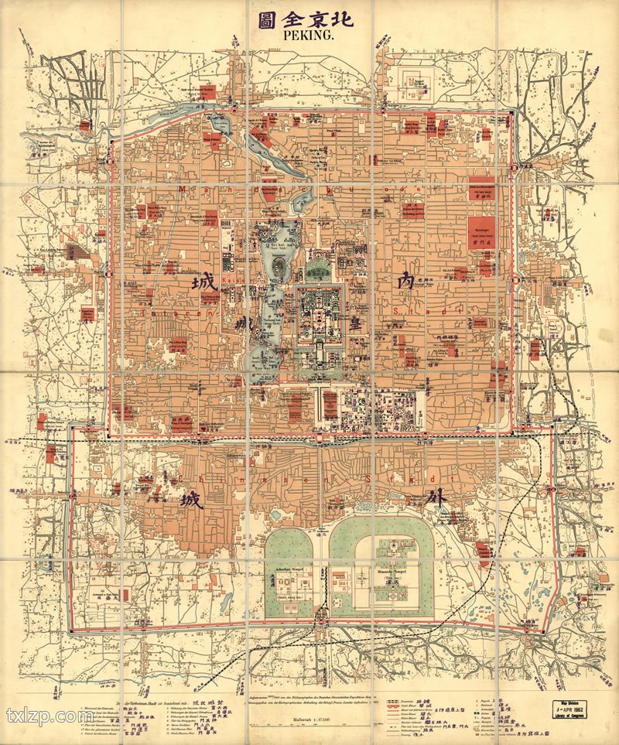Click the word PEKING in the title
[x=308, y=35]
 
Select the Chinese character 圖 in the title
[x=260, y=16]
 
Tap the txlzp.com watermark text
[x=50, y=716]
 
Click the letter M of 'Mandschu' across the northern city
[x=180, y=188]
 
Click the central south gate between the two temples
[x=320, y=617]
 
